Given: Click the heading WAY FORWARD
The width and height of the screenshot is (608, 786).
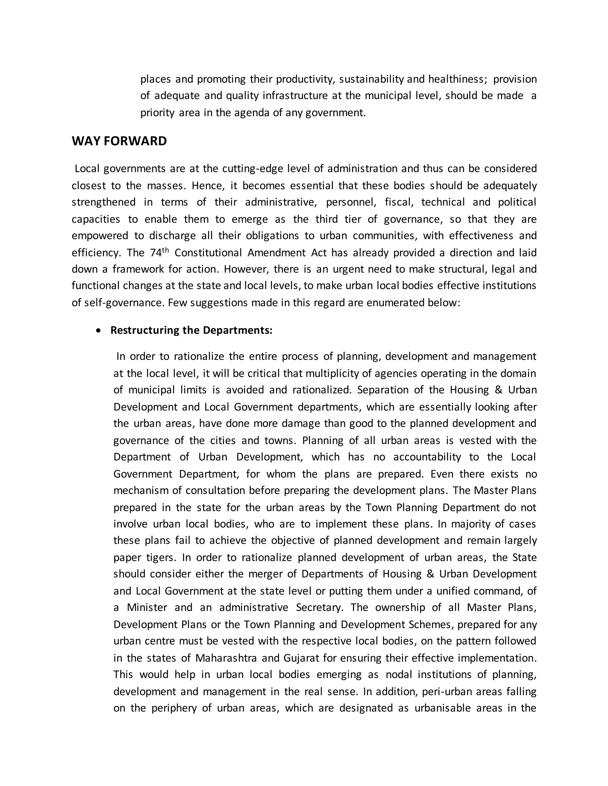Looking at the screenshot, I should coord(119,141).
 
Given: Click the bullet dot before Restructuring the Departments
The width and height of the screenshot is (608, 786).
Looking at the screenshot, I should coord(98,330).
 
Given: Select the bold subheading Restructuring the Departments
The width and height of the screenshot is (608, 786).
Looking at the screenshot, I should coord(191,330).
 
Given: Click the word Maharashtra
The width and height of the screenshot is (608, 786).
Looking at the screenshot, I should coord(226,658).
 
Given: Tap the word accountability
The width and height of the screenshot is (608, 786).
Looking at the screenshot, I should coord(427,457).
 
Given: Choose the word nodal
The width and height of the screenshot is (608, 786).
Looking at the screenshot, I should coord(399,674).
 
